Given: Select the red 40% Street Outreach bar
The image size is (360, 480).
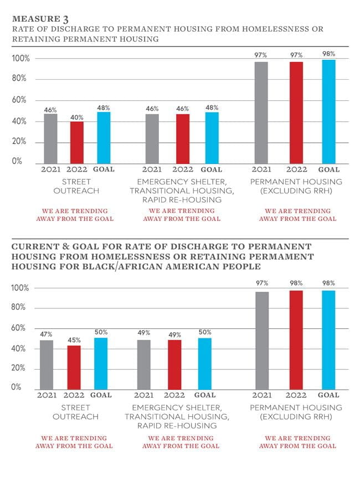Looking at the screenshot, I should (76, 141).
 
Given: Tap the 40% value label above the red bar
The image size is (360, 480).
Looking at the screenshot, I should (77, 117).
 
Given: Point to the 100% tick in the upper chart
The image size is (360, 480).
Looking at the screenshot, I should (20, 58).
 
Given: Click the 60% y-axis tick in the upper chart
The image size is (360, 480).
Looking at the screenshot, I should (20, 100).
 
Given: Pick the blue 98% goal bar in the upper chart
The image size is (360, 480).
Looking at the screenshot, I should (328, 111).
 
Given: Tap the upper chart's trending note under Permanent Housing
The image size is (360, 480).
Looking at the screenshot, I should (297, 215).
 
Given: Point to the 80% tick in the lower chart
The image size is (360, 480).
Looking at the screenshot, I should (20, 308).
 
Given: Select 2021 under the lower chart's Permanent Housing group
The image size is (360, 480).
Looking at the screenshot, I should (262, 395).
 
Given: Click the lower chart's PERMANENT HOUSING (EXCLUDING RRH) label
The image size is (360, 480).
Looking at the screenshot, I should (297, 412).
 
